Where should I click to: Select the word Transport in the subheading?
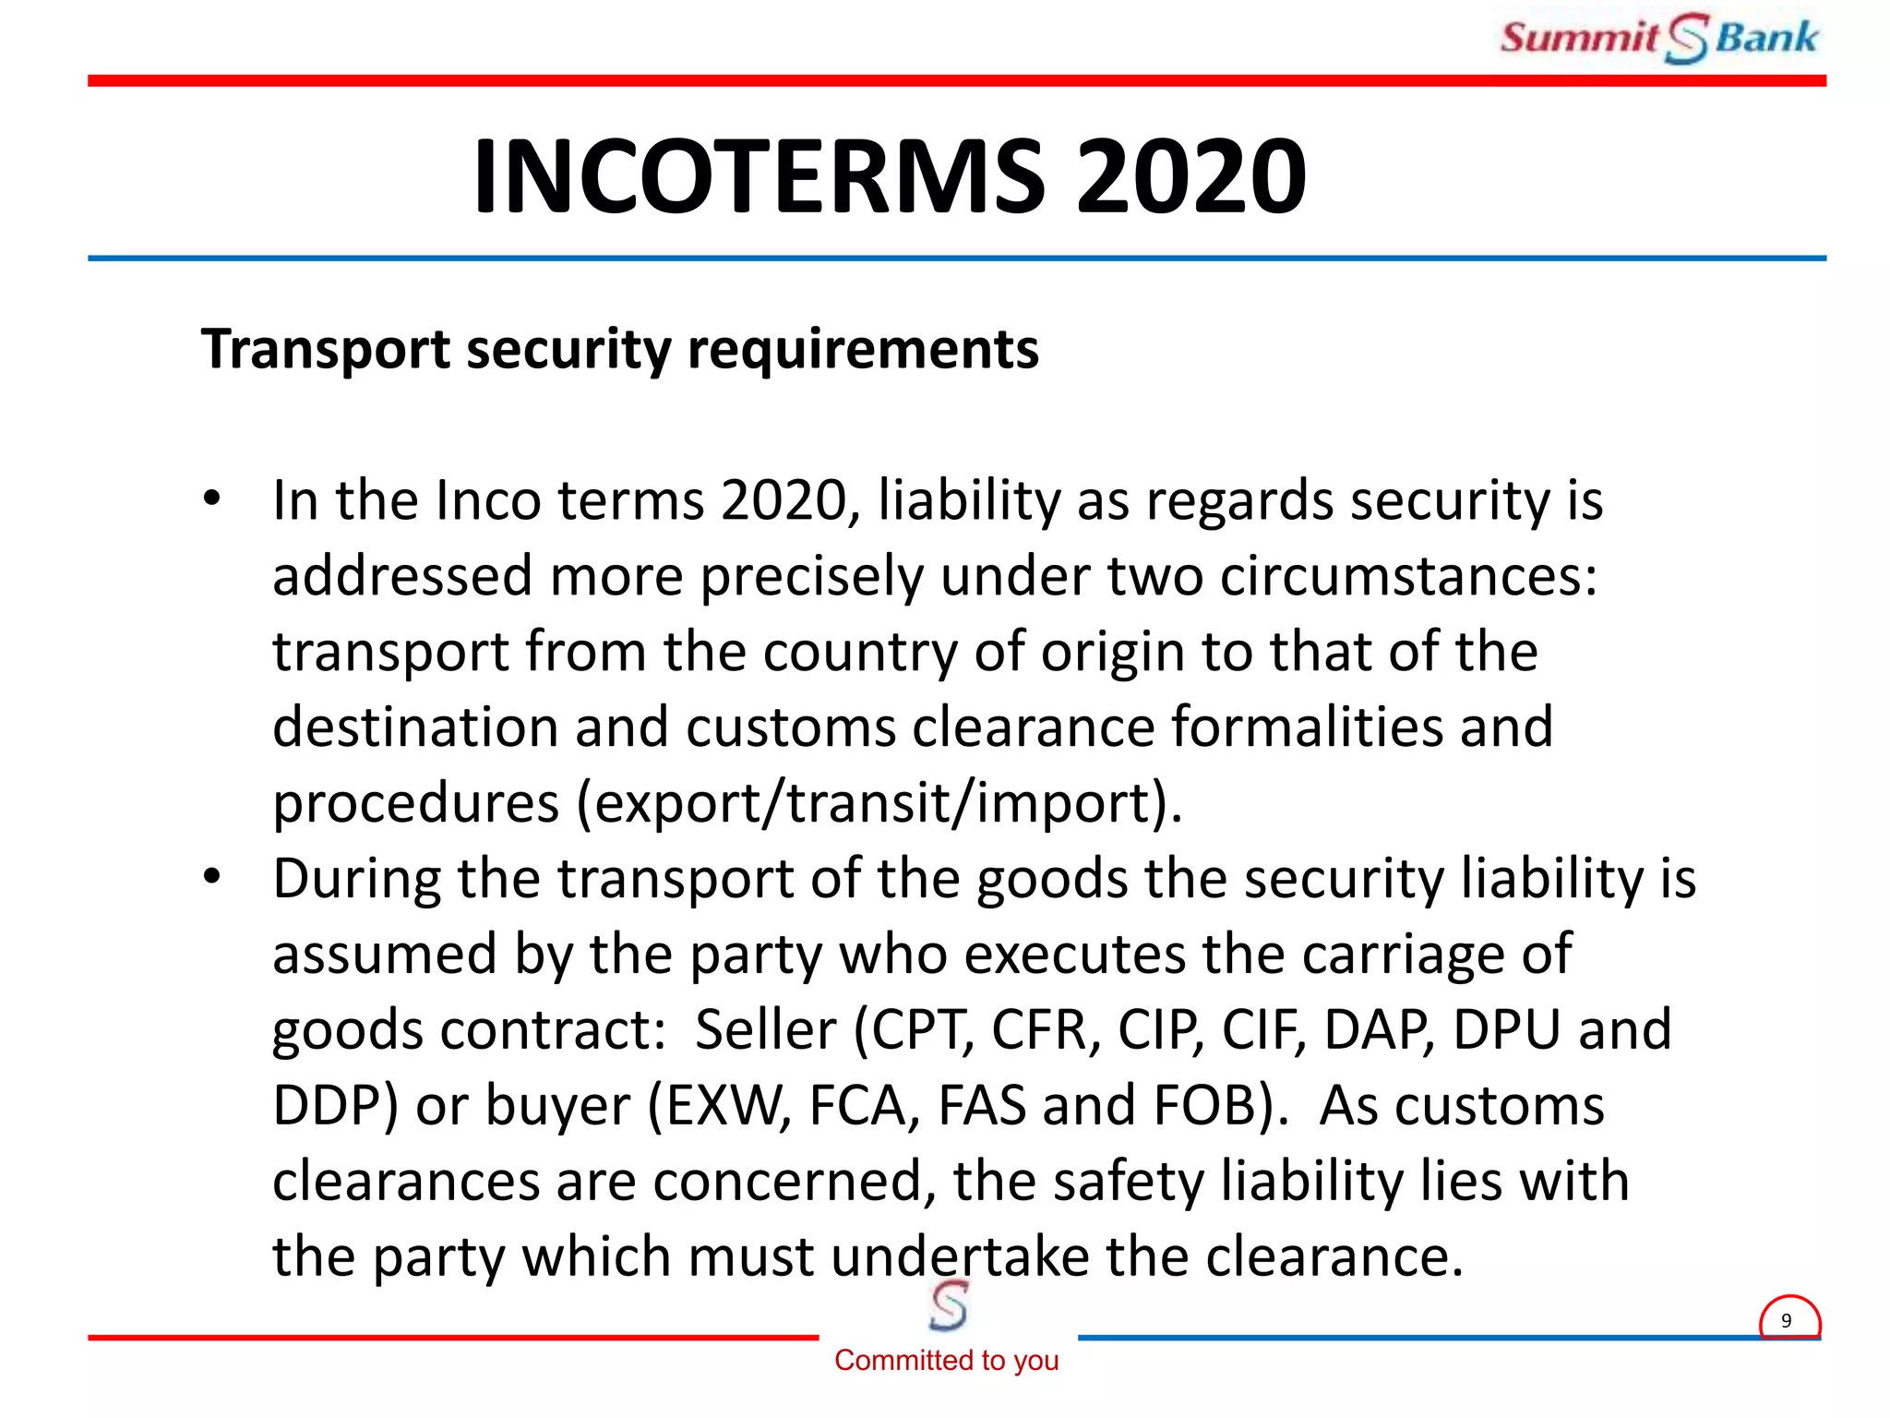coord(326,350)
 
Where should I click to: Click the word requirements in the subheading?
coord(863,350)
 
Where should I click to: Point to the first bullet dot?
coord(212,499)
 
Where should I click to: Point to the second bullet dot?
coord(212,876)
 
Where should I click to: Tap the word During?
coord(356,878)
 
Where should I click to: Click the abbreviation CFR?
coord(1046,1029)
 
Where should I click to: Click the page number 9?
coord(1787,1320)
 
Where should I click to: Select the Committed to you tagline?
coord(946,1360)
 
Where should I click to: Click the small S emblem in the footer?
coord(948,1306)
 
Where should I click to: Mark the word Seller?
coord(765,1029)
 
